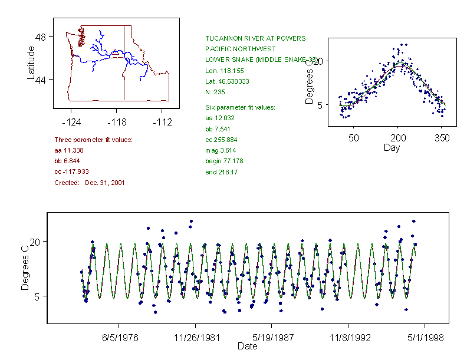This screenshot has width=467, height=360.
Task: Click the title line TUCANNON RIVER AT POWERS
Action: click(x=255, y=38)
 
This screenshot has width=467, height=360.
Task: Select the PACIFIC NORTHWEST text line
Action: click(x=240, y=49)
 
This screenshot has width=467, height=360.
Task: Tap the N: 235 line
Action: click(x=215, y=92)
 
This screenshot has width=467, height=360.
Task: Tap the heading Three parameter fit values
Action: click(x=93, y=140)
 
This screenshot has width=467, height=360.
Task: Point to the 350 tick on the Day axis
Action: click(x=442, y=138)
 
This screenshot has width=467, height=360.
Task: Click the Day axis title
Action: click(x=392, y=147)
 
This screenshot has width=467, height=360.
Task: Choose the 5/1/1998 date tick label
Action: click(x=423, y=338)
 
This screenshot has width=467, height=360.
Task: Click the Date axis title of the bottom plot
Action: click(x=247, y=346)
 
